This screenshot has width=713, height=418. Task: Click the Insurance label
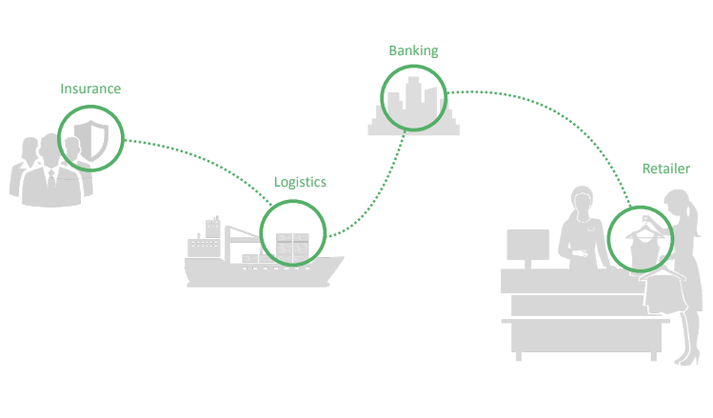click(90, 89)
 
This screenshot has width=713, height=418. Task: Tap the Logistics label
click(300, 181)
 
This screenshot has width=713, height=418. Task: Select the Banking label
click(412, 50)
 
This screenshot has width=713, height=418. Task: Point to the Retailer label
click(665, 169)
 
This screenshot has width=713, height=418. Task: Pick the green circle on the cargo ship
click(293, 233)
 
